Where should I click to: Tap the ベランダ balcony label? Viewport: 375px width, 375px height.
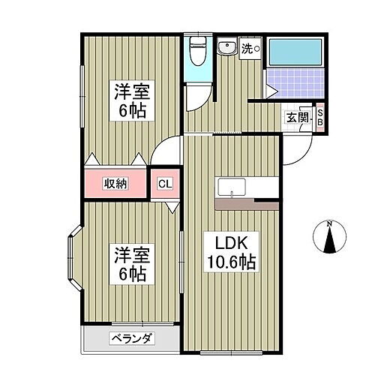pos(133,338)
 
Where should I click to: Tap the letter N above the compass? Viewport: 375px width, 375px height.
pos(329,223)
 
